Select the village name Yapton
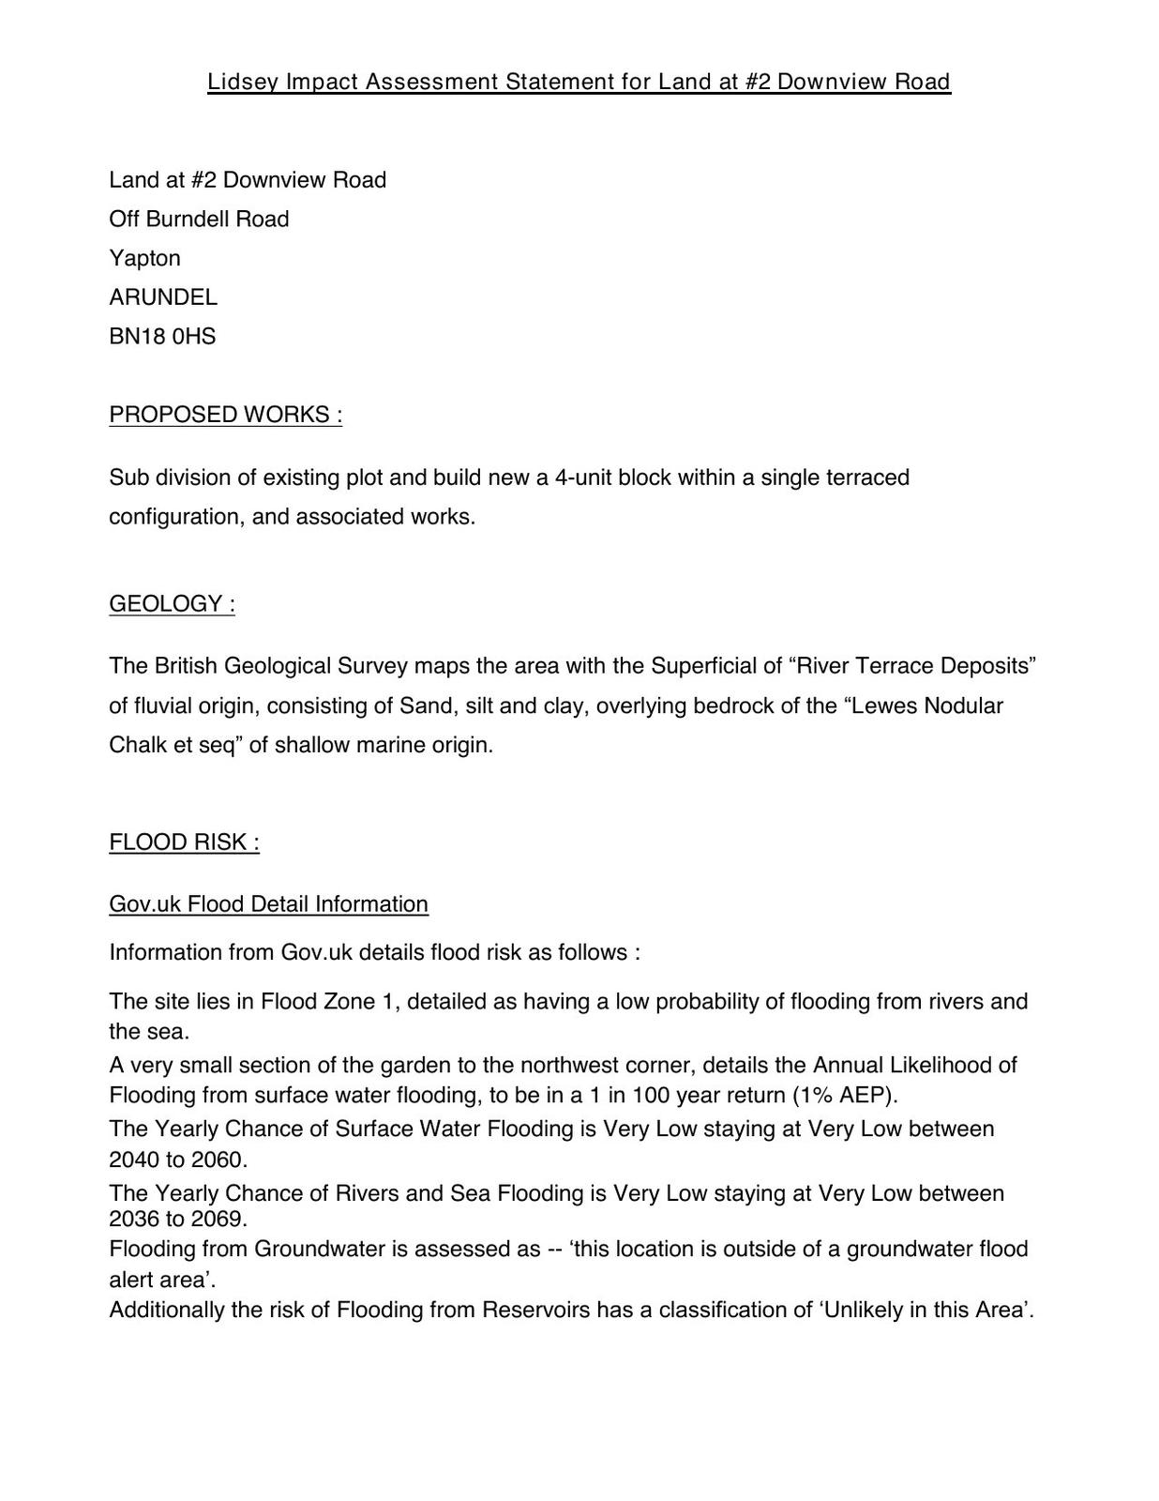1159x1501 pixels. [144, 258]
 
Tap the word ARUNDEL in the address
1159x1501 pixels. [163, 297]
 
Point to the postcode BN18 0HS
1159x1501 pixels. [162, 337]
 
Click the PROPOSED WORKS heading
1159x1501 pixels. [225, 415]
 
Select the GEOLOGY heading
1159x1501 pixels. [172, 603]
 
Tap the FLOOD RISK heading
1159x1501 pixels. [184, 842]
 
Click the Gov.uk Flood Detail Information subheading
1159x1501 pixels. [268, 904]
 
